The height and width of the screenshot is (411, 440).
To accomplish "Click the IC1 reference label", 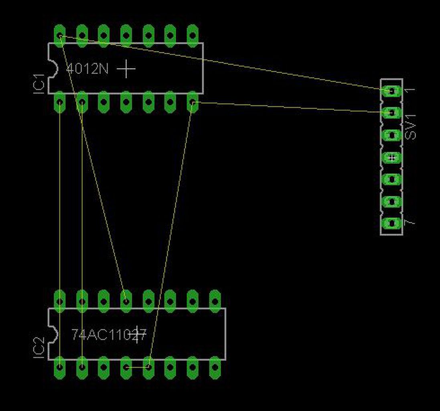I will (x=39, y=83).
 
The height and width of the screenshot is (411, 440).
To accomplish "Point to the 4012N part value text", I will (x=87, y=69).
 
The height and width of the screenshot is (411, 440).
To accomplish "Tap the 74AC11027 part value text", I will (x=109, y=334).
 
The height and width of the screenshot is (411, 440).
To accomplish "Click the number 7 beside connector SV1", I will (x=410, y=222).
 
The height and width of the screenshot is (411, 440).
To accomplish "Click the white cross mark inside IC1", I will (x=126, y=69).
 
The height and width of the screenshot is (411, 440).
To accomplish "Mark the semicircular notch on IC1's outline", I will (x=53, y=69).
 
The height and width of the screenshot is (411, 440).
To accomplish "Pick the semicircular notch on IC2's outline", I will (x=53, y=334).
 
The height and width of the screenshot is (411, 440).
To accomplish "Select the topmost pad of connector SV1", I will (x=391, y=91).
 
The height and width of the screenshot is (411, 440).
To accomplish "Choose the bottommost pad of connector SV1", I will (x=391, y=223).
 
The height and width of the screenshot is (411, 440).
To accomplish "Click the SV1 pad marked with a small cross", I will (x=392, y=157).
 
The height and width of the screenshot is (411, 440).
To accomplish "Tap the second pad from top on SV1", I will (x=391, y=113).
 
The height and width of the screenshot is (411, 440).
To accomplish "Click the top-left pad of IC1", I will (x=60, y=35).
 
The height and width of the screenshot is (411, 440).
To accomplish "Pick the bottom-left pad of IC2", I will (x=60, y=367).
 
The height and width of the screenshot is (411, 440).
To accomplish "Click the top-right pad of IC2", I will (x=215, y=300).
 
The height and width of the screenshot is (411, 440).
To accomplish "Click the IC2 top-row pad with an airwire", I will (x=126, y=300).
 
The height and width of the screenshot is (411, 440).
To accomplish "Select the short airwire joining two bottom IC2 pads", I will (x=137, y=367).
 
